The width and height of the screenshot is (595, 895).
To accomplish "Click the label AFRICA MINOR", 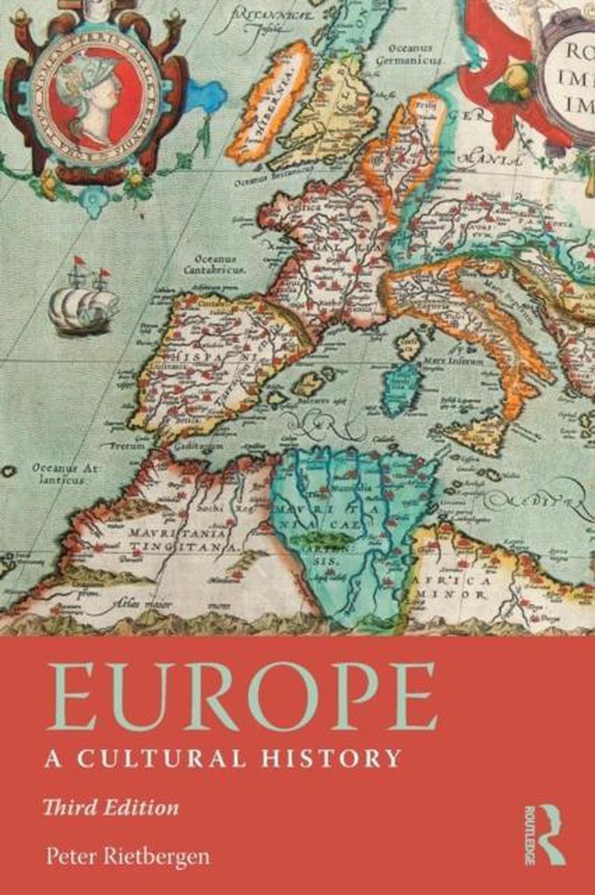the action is point(466,588).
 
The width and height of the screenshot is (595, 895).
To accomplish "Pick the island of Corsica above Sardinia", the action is point(409,345).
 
